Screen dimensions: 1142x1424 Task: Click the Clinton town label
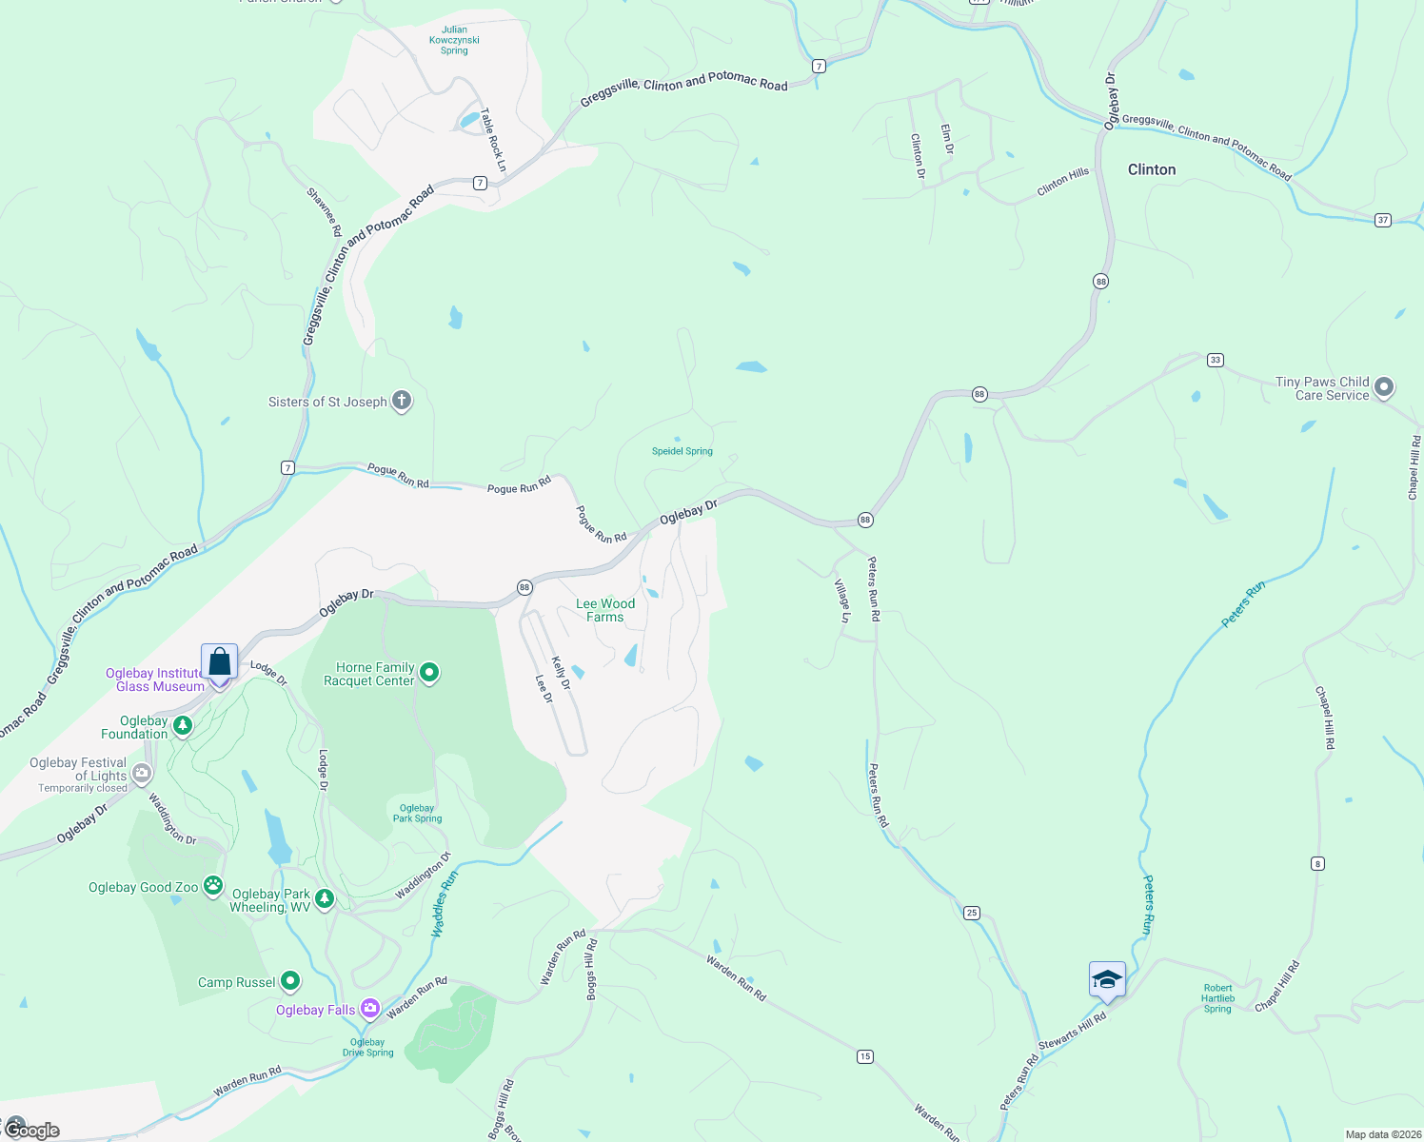coord(1151,169)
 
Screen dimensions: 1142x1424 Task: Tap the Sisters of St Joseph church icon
coord(402,401)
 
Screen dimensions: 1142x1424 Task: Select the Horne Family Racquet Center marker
coord(429,673)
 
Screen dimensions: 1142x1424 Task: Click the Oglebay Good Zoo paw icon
coord(213,886)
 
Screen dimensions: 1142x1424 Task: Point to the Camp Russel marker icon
coord(290,980)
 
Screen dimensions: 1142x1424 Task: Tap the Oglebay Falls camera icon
coord(370,1008)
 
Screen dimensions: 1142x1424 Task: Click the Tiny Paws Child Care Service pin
coord(1384,387)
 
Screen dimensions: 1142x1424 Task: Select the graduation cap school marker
coord(1107,979)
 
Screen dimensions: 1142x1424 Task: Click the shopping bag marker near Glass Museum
coord(219,661)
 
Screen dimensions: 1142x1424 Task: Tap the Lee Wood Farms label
coord(605,610)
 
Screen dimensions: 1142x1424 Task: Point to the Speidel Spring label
coord(682,451)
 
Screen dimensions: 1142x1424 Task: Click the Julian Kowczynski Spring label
coord(454,40)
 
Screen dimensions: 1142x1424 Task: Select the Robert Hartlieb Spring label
coord(1217,998)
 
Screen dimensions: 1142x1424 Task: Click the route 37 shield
coord(1383,220)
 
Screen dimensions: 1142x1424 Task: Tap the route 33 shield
coord(1215,360)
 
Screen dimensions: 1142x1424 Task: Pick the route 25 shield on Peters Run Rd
coord(971,913)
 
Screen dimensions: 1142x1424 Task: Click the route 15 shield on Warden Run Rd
coord(864,1056)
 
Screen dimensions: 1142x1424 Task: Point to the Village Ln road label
coord(842,601)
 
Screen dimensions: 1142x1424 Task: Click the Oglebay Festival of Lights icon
coord(142,774)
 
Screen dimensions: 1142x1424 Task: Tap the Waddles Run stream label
coord(445,903)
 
